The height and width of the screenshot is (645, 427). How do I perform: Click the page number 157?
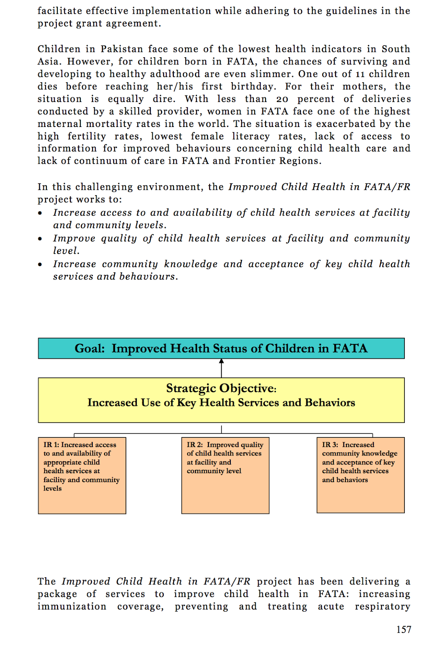coord(404,629)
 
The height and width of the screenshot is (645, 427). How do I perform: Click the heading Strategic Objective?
coord(221,388)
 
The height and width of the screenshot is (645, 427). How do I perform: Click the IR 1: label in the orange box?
coord(51,445)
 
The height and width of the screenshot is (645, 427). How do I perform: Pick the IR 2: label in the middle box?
coord(195,445)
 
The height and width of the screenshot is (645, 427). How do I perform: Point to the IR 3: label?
coord(330,445)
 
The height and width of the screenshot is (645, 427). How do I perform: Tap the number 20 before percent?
coord(282,99)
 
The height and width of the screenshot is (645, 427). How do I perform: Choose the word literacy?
coord(251,136)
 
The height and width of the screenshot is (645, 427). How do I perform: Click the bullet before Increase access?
coord(40,213)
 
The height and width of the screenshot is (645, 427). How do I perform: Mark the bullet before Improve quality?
coord(40,239)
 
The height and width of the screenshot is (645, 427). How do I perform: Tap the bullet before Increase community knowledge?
coord(40,265)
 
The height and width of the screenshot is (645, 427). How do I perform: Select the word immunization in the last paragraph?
coord(72,606)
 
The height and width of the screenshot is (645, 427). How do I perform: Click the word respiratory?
coord(382,606)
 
